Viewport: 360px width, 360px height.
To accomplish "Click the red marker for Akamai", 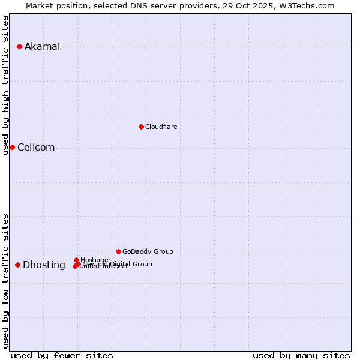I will pyautogui.click(x=20, y=46).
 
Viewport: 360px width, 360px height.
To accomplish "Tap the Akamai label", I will pyautogui.click(x=42, y=47).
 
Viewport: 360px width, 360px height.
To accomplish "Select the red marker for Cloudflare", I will pyautogui.click(x=141, y=127).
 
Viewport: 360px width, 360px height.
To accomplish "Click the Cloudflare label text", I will pyautogui.click(x=161, y=127).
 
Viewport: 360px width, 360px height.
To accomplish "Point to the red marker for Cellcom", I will pyautogui.click(x=12, y=147).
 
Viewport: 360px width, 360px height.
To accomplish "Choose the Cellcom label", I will pyautogui.click(x=36, y=148).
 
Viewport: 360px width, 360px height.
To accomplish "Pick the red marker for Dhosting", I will pyautogui.click(x=18, y=265).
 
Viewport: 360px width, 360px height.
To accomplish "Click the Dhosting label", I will pyautogui.click(x=44, y=265).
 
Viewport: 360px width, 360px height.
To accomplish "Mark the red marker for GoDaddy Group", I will pyautogui.click(x=118, y=251).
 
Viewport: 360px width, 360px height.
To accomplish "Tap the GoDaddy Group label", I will pyautogui.click(x=148, y=251).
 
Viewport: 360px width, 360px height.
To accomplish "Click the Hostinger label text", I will pyautogui.click(x=95, y=260).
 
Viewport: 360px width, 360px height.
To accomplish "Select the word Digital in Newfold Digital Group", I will pyautogui.click(x=122, y=264).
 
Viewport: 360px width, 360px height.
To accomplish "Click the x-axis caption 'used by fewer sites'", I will pyautogui.click(x=62, y=355).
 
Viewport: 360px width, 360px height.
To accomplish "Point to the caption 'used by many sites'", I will pyautogui.click(x=301, y=355).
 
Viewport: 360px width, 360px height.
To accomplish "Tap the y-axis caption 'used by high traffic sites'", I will pyautogui.click(x=6, y=85).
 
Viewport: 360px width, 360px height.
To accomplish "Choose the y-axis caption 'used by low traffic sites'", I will pyautogui.click(x=6, y=281).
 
